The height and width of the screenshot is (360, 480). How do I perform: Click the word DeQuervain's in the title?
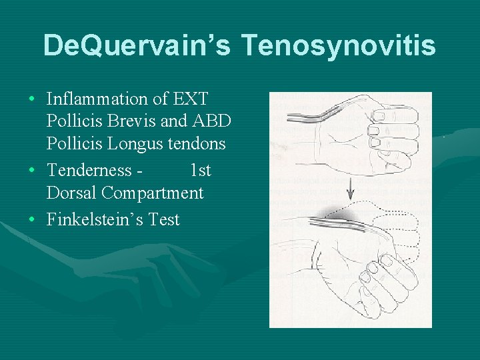(x=136, y=45)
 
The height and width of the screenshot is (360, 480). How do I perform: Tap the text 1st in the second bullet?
(x=200, y=171)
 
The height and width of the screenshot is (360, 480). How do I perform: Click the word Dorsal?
(x=71, y=193)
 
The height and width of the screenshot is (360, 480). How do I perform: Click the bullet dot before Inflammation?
(x=33, y=99)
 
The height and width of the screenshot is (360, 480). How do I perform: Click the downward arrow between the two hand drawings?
(x=351, y=193)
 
